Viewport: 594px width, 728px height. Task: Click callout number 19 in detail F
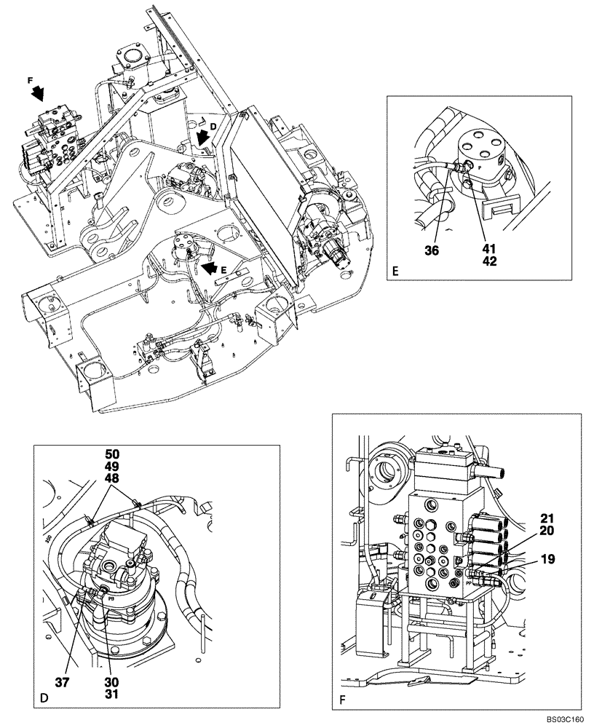548,561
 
